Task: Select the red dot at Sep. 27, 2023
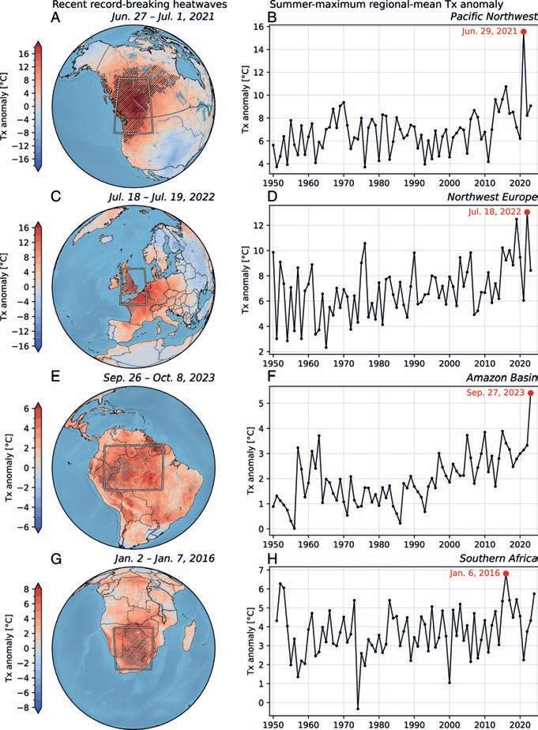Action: coord(530,393)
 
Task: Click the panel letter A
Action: coord(55,17)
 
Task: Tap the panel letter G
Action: coord(55,559)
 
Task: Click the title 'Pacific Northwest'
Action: coord(495,17)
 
